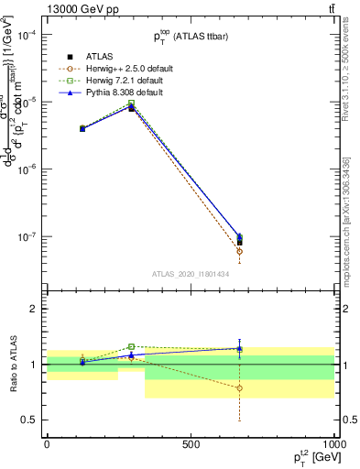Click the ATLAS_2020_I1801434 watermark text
click(x=190, y=274)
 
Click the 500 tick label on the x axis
click(x=191, y=444)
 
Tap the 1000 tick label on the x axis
click(x=333, y=444)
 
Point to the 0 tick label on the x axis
click(x=47, y=444)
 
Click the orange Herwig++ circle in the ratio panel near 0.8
click(x=240, y=387)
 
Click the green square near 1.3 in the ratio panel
click(x=132, y=346)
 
